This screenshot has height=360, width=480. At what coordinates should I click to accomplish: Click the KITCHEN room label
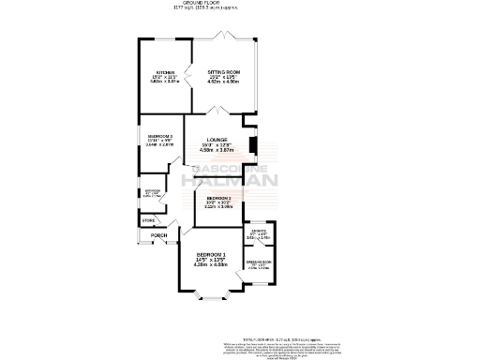[165, 72]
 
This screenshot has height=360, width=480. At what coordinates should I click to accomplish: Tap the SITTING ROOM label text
[224, 72]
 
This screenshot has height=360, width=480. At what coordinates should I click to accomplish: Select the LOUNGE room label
[217, 140]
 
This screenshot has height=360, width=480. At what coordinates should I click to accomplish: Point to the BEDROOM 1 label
[212, 256]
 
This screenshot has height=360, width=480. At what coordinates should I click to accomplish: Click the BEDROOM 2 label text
[160, 136]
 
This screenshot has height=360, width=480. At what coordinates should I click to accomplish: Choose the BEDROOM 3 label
[218, 199]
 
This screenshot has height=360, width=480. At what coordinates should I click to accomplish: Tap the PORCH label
[145, 235]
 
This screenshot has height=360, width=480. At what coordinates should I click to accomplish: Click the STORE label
[148, 220]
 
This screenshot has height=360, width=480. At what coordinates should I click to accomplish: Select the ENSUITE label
[257, 231]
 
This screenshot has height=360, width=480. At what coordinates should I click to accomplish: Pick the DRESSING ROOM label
[259, 262]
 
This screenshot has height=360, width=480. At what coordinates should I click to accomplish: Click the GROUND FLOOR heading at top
[240, 4]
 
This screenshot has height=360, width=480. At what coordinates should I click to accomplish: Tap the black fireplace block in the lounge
[252, 145]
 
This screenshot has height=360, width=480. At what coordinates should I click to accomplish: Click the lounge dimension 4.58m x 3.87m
[217, 150]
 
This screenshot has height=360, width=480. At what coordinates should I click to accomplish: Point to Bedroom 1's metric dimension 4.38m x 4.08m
[212, 264]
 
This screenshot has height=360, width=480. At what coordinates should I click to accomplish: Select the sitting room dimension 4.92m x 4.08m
[224, 82]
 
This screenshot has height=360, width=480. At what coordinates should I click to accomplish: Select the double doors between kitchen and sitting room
[192, 75]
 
